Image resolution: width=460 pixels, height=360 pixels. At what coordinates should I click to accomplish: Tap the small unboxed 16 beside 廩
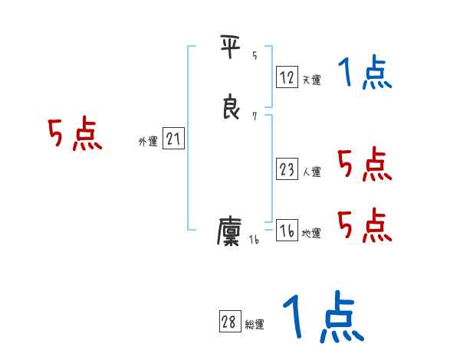pos(254,241)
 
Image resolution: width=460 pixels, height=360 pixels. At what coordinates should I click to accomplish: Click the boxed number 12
pos(287,77)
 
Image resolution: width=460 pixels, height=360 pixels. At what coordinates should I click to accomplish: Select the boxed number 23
pos(287,169)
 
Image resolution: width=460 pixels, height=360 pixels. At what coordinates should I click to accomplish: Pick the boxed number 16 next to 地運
pos(287,231)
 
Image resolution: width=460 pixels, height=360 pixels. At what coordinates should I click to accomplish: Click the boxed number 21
pos(174,139)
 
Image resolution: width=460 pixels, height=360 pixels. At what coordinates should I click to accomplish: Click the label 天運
pos(311,80)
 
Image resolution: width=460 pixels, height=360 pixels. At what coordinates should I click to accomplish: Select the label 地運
pos(311,234)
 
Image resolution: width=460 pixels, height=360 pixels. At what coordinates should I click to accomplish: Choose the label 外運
pos(148,142)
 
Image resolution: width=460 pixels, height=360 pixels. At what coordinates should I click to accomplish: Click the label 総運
pos(255,325)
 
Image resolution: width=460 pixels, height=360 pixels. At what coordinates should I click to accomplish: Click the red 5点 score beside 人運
pos(365,164)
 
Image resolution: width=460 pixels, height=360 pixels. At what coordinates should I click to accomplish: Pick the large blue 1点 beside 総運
pos(322,318)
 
